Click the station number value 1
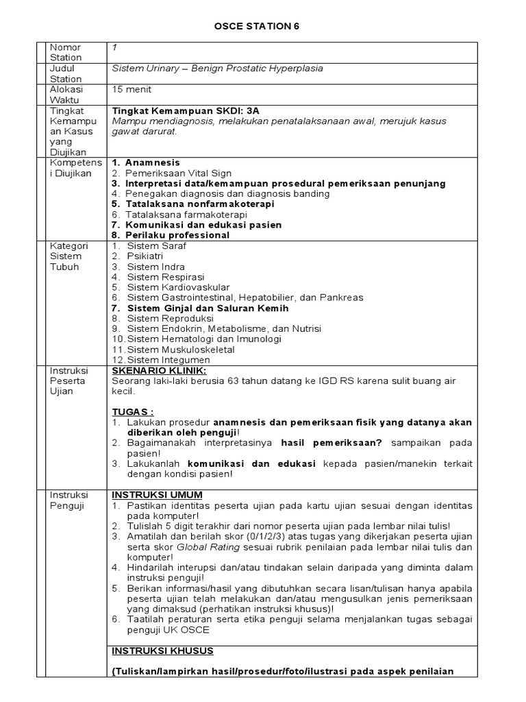114,47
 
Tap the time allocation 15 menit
131,89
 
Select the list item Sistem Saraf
156,245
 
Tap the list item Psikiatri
146,256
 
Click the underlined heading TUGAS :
132,411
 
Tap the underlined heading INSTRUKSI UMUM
157,495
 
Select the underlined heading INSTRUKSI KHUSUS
162,650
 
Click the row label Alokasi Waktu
65,94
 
